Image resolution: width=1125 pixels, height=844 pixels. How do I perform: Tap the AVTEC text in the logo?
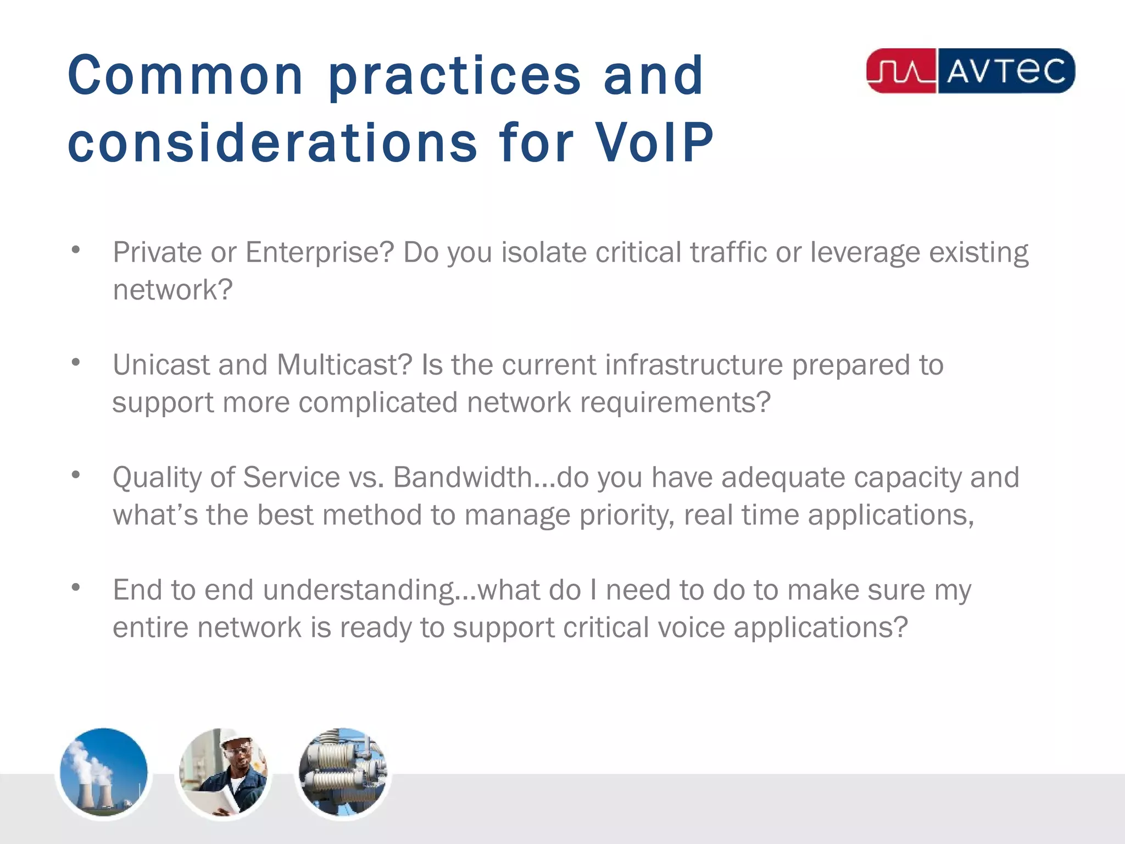coord(1005,71)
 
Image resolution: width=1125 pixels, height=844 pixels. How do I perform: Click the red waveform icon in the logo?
coord(901,71)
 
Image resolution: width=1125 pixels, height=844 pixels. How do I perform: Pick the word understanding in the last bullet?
coord(359,590)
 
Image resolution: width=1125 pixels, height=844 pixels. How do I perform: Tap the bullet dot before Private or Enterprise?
coord(76,251)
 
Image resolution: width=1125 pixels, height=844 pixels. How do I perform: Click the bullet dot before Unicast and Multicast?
coord(76,363)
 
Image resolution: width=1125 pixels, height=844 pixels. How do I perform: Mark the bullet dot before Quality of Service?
coord(76,475)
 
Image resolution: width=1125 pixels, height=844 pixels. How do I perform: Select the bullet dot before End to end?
coord(76,588)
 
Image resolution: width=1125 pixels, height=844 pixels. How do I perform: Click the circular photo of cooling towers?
coord(104,773)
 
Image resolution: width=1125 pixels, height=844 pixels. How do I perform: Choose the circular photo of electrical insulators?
coord(343,773)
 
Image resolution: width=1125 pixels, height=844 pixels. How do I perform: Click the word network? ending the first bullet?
coord(172,290)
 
